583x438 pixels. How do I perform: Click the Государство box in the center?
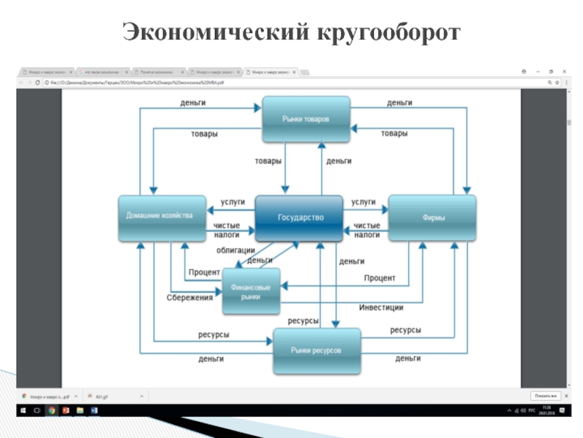click(299, 218)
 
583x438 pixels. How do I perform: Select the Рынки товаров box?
click(306, 119)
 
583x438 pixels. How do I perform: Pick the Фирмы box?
click(432, 218)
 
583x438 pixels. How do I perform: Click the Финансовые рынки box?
click(251, 291)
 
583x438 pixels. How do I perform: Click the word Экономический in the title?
click(215, 32)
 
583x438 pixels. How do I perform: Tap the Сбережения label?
click(189, 297)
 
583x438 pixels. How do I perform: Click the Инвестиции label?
click(381, 307)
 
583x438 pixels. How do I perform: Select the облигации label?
click(235, 250)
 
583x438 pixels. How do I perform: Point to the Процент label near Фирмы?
click(380, 278)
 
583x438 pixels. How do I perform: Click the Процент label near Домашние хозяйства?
click(204, 272)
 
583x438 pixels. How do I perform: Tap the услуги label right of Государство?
click(363, 201)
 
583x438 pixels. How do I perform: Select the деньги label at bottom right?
click(408, 358)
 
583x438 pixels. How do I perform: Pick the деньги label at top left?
click(193, 103)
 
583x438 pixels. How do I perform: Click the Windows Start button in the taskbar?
click(23, 411)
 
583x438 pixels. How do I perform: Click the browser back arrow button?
click(21, 82)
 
